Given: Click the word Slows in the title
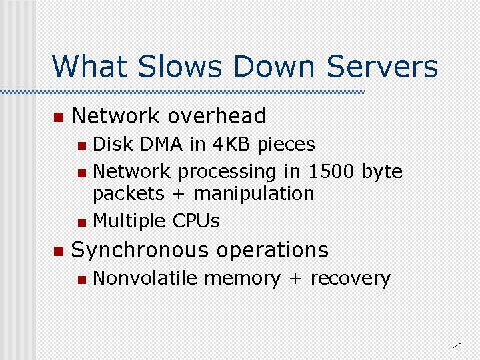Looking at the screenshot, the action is coord(180,66).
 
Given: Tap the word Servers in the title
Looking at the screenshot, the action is coord(382,66).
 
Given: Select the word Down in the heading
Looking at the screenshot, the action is coord(274,66).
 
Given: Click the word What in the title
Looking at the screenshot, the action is coord(89,66).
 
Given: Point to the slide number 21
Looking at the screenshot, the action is coord(457,346).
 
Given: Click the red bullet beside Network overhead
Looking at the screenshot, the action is coord(59,117).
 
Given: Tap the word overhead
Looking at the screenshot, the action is coord(217,116).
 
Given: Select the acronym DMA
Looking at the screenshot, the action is coord(161,143).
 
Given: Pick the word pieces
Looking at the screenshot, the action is coord(286,145).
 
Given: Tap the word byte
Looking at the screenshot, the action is coord(382,172).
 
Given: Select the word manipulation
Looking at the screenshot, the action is coord(254,194).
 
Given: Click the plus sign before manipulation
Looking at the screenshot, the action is coord(179,195).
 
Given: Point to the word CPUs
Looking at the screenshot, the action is coord(196,221).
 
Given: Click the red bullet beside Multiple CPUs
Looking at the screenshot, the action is coord(82,222).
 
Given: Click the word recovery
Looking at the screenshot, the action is coord(350,279).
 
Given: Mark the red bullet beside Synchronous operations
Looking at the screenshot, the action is coord(59,251).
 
